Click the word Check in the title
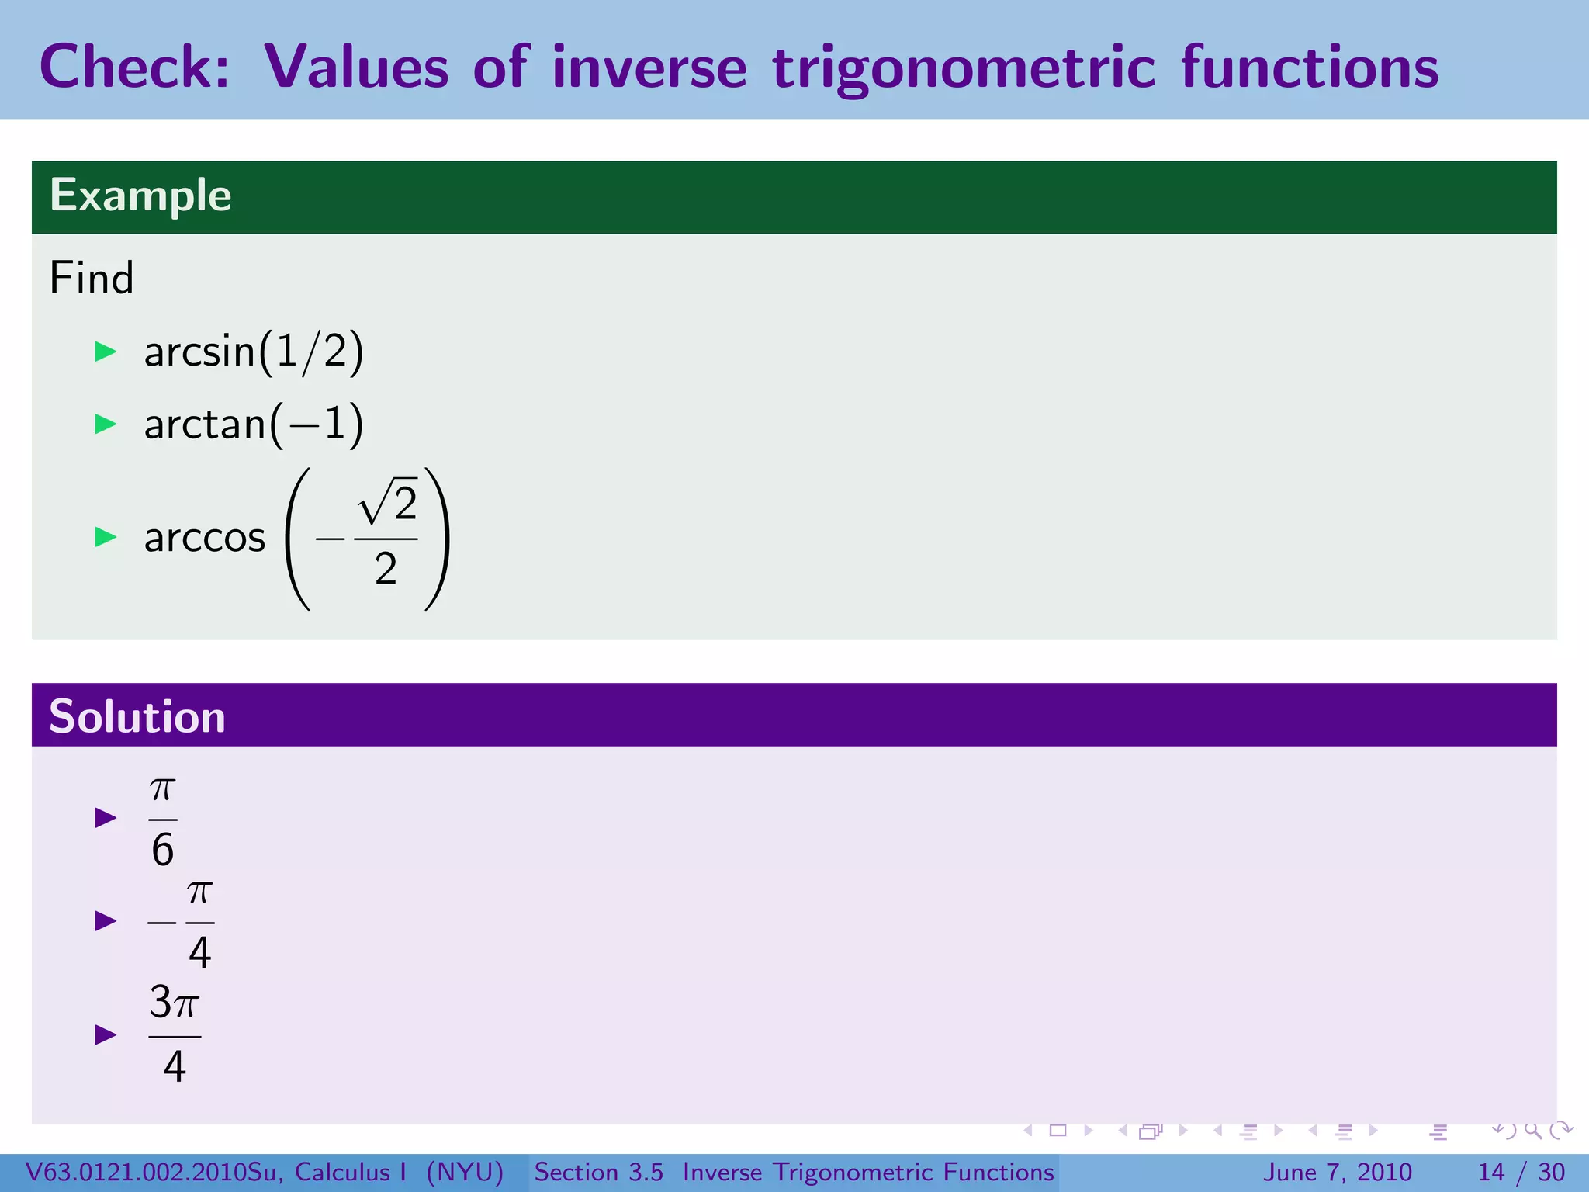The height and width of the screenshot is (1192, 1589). pyautogui.click(x=133, y=67)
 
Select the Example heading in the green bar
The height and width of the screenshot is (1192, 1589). pyautogui.click(x=140, y=195)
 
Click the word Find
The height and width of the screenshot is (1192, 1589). pyautogui.click(x=92, y=278)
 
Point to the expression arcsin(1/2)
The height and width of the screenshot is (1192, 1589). pyautogui.click(x=254, y=352)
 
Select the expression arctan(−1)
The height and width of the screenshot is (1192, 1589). pyautogui.click(x=254, y=424)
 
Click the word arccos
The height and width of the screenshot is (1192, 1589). pyautogui.click(x=205, y=537)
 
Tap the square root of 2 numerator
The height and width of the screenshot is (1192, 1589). pyautogui.click(x=388, y=502)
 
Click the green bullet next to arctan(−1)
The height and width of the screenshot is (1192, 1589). pyautogui.click(x=106, y=424)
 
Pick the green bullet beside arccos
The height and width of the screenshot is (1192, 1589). pyautogui.click(x=106, y=537)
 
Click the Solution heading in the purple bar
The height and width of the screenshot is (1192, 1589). pyautogui.click(x=137, y=716)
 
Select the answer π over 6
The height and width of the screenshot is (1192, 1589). pyautogui.click(x=163, y=821)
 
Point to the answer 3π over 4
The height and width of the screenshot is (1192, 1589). pyautogui.click(x=175, y=1034)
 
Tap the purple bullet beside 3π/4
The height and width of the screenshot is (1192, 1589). pyautogui.click(x=106, y=1034)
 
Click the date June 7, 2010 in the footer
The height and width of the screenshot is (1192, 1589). pyautogui.click(x=1338, y=1172)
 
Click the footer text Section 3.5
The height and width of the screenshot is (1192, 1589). pyautogui.click(x=598, y=1172)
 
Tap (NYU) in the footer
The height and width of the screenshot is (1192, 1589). pyautogui.click(x=465, y=1172)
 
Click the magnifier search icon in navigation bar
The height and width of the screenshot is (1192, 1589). pyautogui.click(x=1532, y=1131)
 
